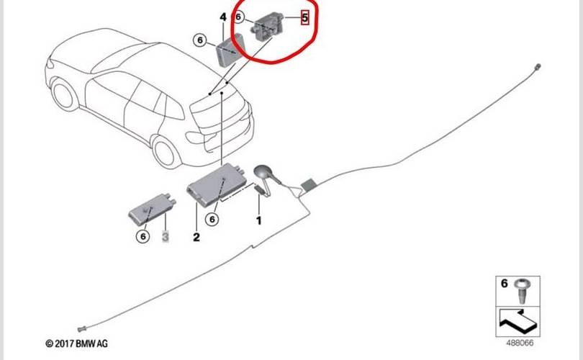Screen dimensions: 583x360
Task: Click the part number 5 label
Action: click(x=304, y=17)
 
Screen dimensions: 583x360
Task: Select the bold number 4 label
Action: click(x=223, y=17)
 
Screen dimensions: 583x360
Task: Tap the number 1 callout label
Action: click(x=259, y=220)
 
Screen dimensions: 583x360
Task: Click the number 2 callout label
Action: click(x=196, y=237)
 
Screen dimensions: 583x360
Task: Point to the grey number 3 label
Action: click(x=166, y=236)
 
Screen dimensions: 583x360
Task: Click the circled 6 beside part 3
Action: click(x=143, y=236)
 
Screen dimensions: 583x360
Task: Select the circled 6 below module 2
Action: click(x=212, y=219)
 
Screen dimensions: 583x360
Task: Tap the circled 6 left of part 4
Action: click(x=200, y=40)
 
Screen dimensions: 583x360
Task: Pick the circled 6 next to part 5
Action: click(x=238, y=17)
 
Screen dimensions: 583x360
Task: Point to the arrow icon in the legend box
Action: click(x=518, y=321)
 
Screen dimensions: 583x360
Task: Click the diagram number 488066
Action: click(x=520, y=343)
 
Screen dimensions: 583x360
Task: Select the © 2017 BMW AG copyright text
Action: click(x=76, y=343)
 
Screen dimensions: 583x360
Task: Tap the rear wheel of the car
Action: click(x=166, y=151)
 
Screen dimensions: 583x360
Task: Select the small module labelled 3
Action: click(x=152, y=210)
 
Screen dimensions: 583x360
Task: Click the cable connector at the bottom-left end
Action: click(x=82, y=329)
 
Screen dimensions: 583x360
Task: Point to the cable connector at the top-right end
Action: click(x=537, y=67)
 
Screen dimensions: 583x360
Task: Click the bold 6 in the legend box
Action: click(x=504, y=284)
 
